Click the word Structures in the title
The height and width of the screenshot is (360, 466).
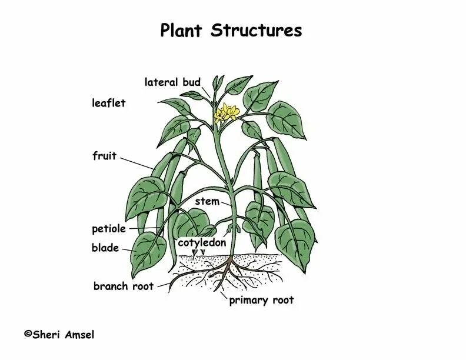(257, 31)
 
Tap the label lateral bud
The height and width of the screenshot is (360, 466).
(172, 82)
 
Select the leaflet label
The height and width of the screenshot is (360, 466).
(108, 104)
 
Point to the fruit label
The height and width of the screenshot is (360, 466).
(104, 156)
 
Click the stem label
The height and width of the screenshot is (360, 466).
(207, 202)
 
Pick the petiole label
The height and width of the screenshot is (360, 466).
(108, 229)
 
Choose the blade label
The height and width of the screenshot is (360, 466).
(105, 248)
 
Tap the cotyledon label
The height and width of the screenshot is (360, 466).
(202, 242)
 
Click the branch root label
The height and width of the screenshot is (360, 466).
(123, 286)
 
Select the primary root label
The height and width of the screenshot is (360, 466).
(261, 301)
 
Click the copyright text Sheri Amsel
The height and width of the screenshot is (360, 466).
(62, 335)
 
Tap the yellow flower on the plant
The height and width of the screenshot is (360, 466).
(227, 112)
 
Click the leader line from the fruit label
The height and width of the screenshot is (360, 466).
(139, 163)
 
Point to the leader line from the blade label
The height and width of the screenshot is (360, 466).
(128, 249)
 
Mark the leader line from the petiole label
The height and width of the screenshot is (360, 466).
(143, 228)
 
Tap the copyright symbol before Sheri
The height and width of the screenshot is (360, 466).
(27, 334)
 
